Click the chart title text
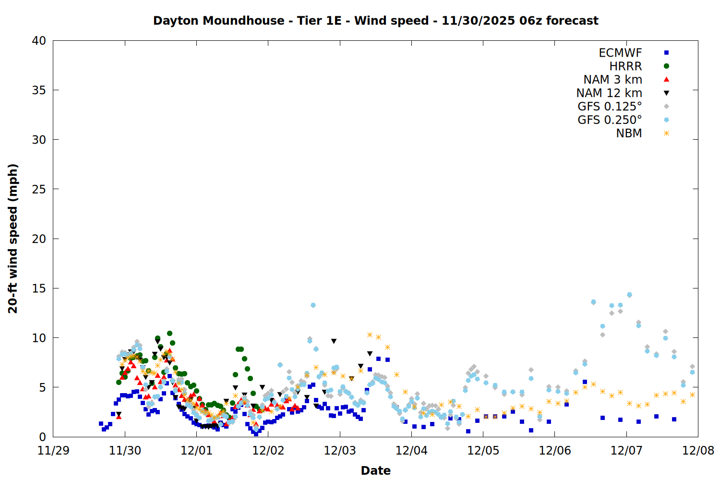[375, 21]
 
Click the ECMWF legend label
[620, 53]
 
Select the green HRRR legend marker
[666, 66]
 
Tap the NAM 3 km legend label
[612, 80]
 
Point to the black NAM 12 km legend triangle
[666, 93]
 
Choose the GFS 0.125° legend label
[610, 107]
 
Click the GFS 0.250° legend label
[610, 120]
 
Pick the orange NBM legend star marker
[666, 133]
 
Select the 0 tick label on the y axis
[43, 437]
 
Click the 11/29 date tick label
[53, 451]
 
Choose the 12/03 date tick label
[340, 451]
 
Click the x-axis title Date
[375, 470]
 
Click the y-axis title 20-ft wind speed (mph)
[13, 239]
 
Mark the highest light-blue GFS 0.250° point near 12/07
[629, 295]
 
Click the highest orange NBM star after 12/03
[370, 335]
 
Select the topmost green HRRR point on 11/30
[169, 333]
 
